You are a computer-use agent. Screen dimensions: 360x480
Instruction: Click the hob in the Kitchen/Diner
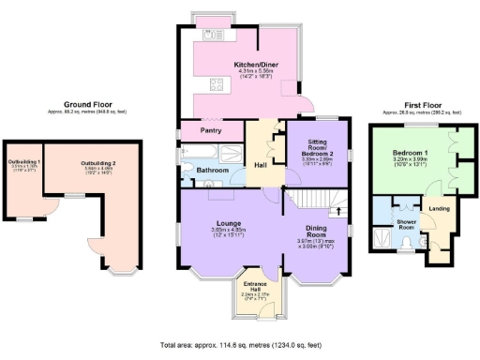[x=215, y=86]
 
